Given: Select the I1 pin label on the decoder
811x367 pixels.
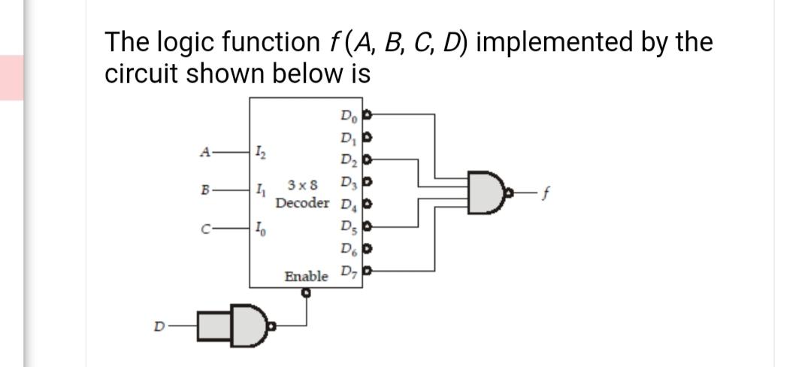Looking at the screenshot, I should point(259,190).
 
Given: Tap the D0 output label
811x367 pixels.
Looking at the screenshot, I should point(349,116).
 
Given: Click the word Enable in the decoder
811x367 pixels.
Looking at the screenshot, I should point(306,277).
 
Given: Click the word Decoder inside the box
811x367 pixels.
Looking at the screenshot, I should point(302,204).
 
